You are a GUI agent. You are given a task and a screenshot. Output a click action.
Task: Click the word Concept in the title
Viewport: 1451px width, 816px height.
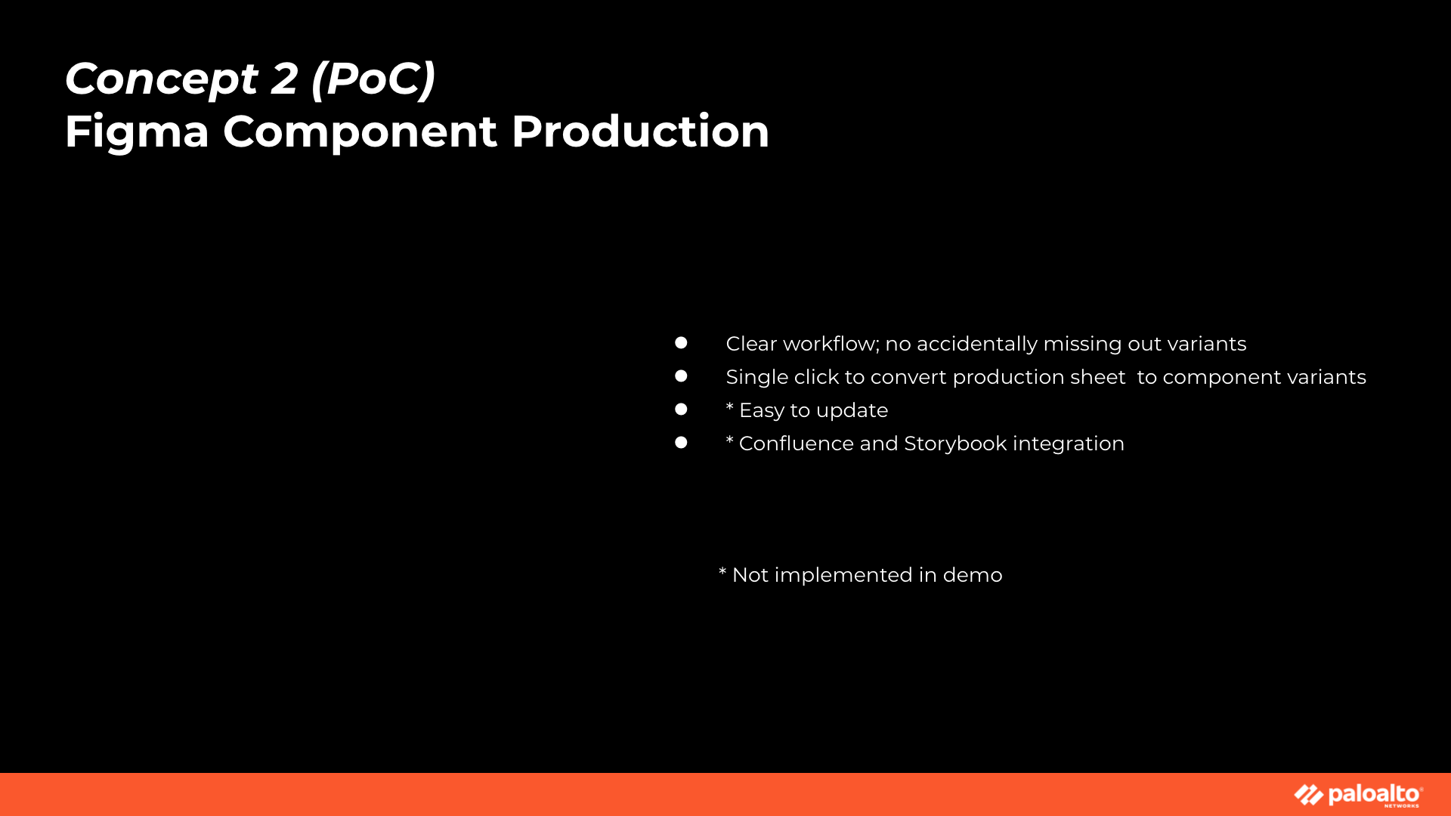pos(162,79)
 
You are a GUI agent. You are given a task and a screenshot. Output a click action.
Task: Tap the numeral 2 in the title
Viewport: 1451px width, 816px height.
pos(285,78)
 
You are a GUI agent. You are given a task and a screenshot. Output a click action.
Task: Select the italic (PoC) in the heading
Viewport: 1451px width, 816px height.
pos(373,79)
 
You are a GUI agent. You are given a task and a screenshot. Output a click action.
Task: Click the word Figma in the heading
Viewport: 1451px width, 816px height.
pos(137,132)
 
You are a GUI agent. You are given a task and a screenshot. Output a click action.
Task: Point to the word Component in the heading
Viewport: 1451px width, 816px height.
pos(360,132)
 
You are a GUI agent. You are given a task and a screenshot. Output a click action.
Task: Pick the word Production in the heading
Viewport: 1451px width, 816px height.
pos(640,131)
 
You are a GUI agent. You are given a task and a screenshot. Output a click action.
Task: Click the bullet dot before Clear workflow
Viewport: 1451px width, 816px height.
pos(681,343)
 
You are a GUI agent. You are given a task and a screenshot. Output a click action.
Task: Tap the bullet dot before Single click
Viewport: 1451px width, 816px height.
pos(681,376)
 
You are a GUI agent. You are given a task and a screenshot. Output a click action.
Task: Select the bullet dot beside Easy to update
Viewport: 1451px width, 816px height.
pos(681,410)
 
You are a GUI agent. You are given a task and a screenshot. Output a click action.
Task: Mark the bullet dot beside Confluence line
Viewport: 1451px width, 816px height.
pos(681,443)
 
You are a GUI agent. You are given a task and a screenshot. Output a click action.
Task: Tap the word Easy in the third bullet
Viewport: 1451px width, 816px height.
pos(762,411)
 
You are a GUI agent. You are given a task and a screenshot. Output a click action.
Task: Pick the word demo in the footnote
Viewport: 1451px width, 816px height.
pos(973,575)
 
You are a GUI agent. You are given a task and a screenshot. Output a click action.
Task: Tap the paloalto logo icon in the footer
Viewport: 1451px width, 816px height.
pos(1309,795)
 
